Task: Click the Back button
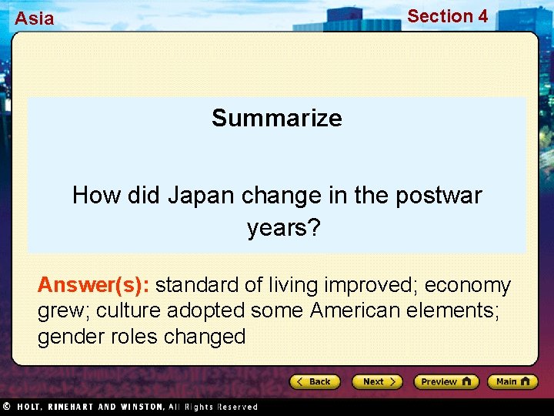[x=315, y=381]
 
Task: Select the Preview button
[x=446, y=381]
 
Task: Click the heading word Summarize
[x=277, y=118]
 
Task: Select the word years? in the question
[x=277, y=227]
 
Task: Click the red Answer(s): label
[x=94, y=286]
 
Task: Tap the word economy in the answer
[x=468, y=286]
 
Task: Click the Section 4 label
[x=447, y=16]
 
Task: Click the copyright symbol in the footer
[x=5, y=406]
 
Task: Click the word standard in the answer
[x=197, y=286]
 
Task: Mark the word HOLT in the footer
[x=31, y=407]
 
